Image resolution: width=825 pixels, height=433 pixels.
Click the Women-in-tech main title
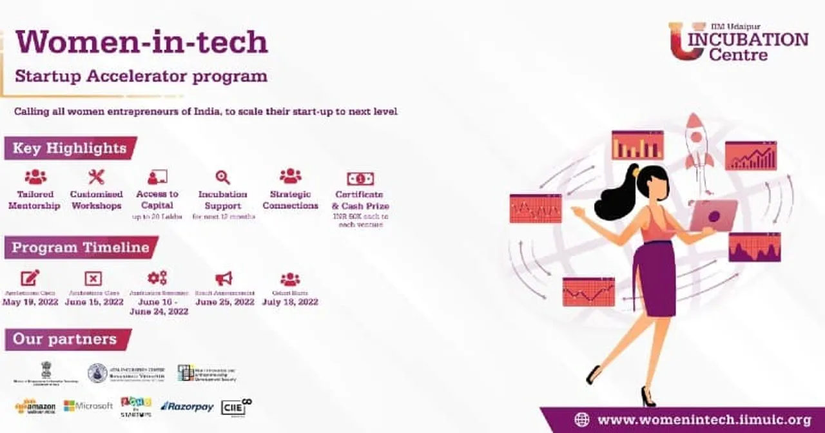(141, 43)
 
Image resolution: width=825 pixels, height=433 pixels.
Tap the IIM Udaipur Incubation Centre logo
(738, 42)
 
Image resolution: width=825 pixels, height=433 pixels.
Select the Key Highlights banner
(70, 148)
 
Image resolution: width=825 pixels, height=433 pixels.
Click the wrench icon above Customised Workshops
(96, 177)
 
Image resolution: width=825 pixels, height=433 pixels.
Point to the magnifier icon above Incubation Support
(222, 177)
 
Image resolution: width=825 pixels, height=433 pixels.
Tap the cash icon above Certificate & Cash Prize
(360, 178)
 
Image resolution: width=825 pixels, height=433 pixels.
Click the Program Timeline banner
(81, 247)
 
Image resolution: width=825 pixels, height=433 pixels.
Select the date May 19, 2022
(30, 302)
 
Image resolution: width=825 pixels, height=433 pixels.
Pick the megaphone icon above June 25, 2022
(224, 278)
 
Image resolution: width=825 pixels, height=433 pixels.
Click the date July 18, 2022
(290, 302)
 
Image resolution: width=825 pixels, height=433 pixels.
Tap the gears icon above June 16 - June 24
(157, 278)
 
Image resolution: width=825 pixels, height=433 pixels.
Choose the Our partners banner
(66, 339)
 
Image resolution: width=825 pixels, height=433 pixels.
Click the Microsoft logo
(88, 406)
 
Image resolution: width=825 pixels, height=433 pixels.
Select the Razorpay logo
(186, 406)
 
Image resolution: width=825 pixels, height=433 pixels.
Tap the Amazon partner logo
(35, 407)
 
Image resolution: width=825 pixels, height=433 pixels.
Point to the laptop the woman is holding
(712, 215)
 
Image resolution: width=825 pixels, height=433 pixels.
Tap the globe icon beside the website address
(581, 420)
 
